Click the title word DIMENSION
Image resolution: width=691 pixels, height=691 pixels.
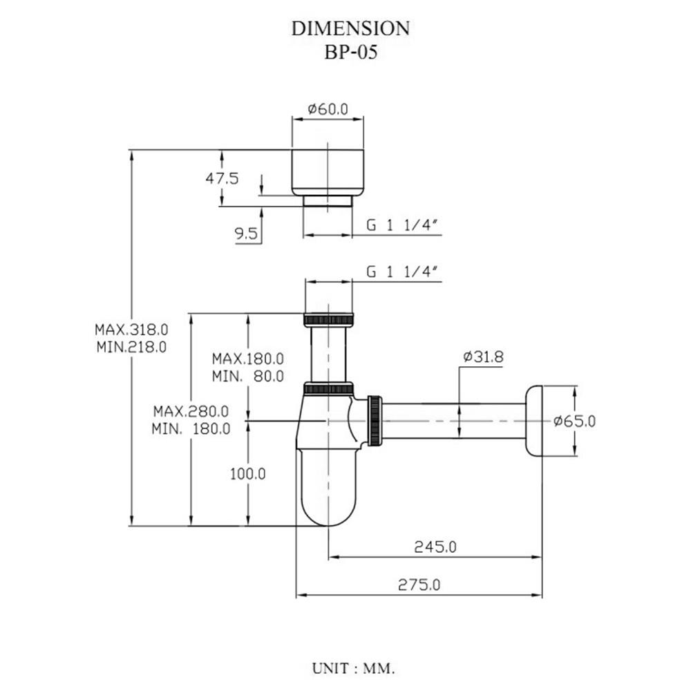350,28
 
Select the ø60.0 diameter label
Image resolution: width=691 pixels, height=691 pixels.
328,109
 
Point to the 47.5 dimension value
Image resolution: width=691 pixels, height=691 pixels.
222,178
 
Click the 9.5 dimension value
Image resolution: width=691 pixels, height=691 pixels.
246,234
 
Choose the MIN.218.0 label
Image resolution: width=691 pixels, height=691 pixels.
132,347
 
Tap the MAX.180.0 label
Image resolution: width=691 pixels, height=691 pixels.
248,359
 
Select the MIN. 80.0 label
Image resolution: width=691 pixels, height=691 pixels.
248,377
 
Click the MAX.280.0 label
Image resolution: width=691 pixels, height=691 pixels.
191,410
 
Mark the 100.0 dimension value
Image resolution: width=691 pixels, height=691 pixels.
248,474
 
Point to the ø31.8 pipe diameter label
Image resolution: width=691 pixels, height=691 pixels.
483,357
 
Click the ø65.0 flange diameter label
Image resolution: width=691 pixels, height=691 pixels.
574,421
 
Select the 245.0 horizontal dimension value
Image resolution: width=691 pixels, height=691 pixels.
435,547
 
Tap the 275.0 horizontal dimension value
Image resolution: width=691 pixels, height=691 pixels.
419,585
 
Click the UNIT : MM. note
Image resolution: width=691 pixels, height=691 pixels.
353,669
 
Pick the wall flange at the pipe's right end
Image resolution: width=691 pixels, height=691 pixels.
533,421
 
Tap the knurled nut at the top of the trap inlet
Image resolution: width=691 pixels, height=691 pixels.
328,320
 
